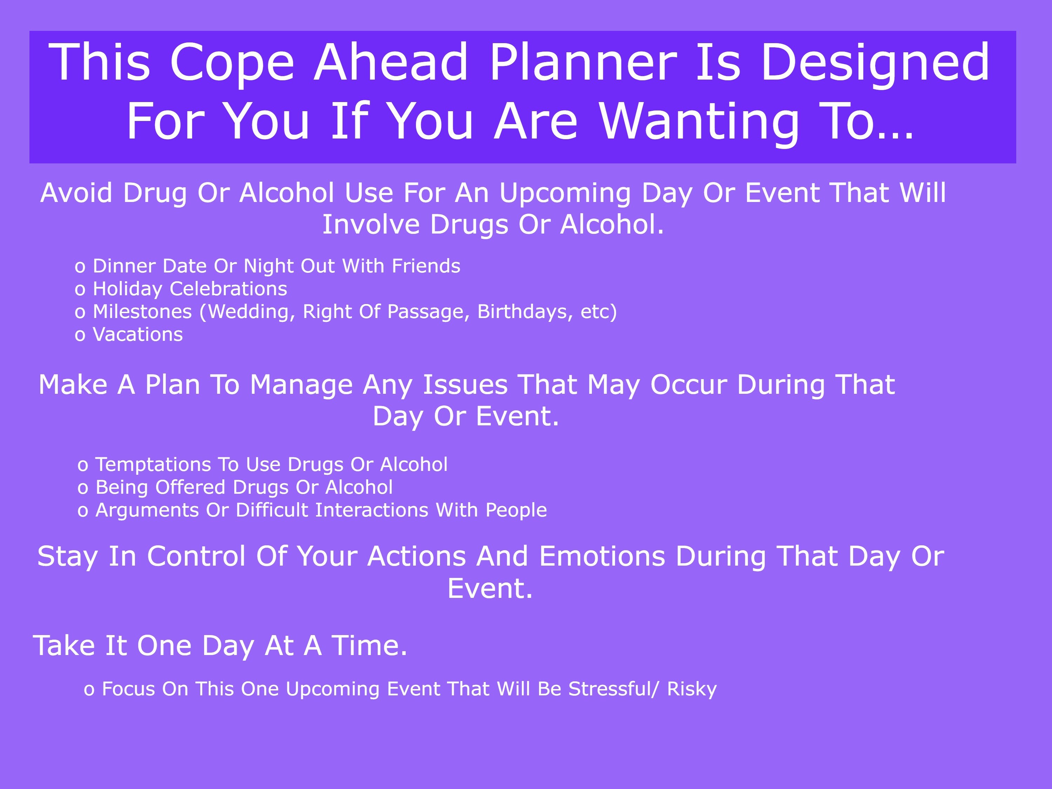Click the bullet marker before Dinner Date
80,267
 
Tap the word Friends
426,266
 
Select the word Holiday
127,289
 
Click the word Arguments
147,510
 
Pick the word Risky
692,689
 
